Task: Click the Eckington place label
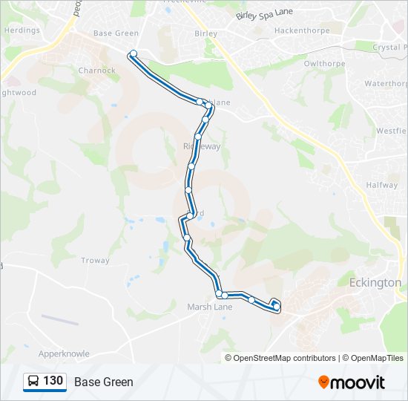375,283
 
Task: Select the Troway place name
95,261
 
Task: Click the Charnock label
96,71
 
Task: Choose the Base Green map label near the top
116,33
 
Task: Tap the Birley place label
205,33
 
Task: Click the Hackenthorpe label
302,31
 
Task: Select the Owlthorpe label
326,63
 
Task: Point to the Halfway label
382,185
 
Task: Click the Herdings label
22,30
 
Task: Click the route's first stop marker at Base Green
134,53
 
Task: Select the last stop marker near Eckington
276,306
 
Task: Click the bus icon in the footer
33,382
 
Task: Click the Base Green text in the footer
104,382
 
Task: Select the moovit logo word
358,382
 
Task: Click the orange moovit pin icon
323,382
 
